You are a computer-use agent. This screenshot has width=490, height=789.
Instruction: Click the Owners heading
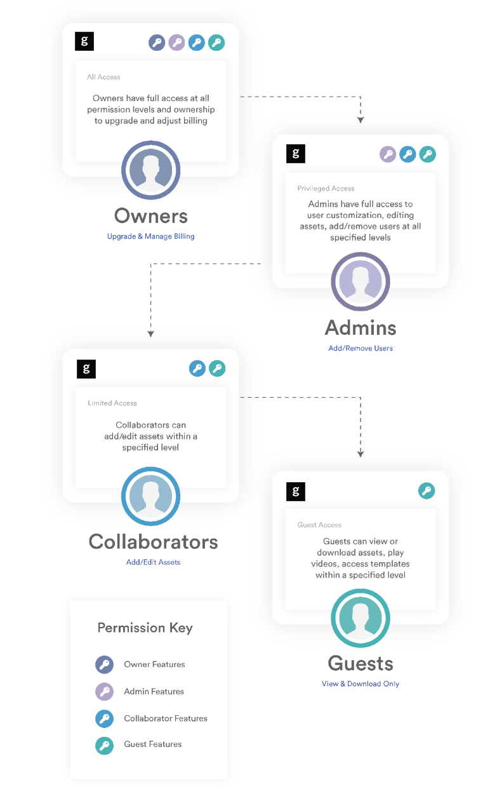click(150, 215)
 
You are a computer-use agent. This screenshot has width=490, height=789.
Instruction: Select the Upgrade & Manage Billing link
click(150, 236)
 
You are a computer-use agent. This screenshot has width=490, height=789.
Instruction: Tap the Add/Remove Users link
click(361, 348)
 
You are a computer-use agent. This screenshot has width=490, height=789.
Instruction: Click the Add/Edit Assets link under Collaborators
click(153, 562)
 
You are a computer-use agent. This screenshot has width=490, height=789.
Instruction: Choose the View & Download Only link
click(361, 684)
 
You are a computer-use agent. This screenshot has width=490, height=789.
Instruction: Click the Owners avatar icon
click(150, 170)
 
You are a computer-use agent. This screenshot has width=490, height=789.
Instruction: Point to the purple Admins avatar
click(361, 281)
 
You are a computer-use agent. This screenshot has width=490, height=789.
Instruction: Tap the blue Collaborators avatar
click(150, 496)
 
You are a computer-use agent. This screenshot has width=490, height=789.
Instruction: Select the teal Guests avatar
click(361, 618)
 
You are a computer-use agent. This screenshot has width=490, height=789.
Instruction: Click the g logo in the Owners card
click(84, 41)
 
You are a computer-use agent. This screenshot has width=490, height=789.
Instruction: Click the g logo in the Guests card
click(296, 491)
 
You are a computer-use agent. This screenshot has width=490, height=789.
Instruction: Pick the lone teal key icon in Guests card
click(427, 490)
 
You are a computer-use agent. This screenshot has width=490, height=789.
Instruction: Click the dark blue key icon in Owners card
click(157, 43)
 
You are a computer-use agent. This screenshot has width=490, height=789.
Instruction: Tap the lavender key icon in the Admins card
click(388, 154)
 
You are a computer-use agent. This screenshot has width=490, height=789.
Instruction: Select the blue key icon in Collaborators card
click(197, 368)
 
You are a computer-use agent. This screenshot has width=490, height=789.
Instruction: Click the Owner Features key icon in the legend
click(105, 664)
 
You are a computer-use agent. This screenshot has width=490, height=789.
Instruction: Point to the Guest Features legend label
click(153, 744)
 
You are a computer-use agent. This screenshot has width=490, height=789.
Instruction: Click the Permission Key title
click(145, 628)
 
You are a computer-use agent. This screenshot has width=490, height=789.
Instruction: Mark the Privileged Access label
click(326, 189)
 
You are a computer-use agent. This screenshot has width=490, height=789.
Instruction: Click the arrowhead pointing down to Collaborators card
click(150, 334)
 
